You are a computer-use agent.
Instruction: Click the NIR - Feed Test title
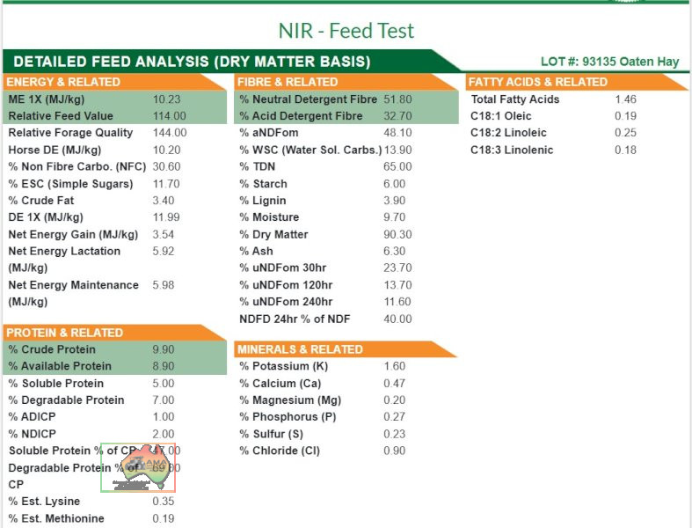[x=346, y=31]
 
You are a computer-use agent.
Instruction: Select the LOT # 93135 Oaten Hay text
[x=609, y=62]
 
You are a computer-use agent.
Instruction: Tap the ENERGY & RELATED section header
[x=64, y=82]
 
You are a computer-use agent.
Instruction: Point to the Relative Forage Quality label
[x=71, y=133]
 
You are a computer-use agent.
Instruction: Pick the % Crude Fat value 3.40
[x=163, y=201]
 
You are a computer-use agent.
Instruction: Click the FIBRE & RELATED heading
[x=288, y=82]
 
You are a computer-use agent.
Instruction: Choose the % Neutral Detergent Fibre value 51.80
[x=397, y=99]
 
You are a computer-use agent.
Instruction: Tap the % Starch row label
[x=263, y=184]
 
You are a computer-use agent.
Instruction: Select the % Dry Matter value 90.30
[x=397, y=235]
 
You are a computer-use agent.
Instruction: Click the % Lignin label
[x=263, y=201]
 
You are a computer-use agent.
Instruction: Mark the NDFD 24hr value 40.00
[x=397, y=319]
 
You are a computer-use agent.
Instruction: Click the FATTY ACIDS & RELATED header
[x=538, y=82]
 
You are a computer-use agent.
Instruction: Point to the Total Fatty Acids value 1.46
[x=625, y=99]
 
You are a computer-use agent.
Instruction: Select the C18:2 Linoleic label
[x=508, y=133]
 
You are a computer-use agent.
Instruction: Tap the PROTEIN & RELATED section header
[x=64, y=333]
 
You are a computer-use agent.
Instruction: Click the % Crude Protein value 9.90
[x=163, y=349]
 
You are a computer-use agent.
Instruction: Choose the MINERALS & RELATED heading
[x=300, y=349]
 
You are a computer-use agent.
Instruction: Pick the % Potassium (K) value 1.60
[x=394, y=366]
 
